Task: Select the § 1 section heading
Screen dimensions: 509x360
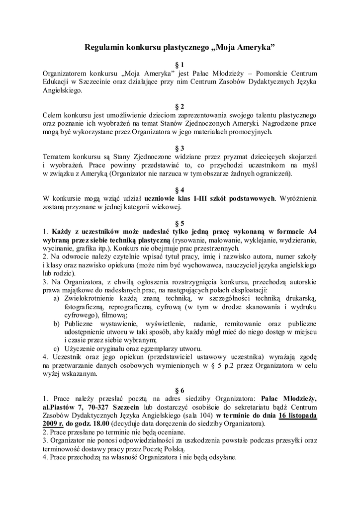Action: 180,64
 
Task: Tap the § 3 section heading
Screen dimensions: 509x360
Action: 180,148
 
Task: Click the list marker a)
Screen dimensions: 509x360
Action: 56,298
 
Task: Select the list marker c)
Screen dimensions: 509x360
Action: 56,348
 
